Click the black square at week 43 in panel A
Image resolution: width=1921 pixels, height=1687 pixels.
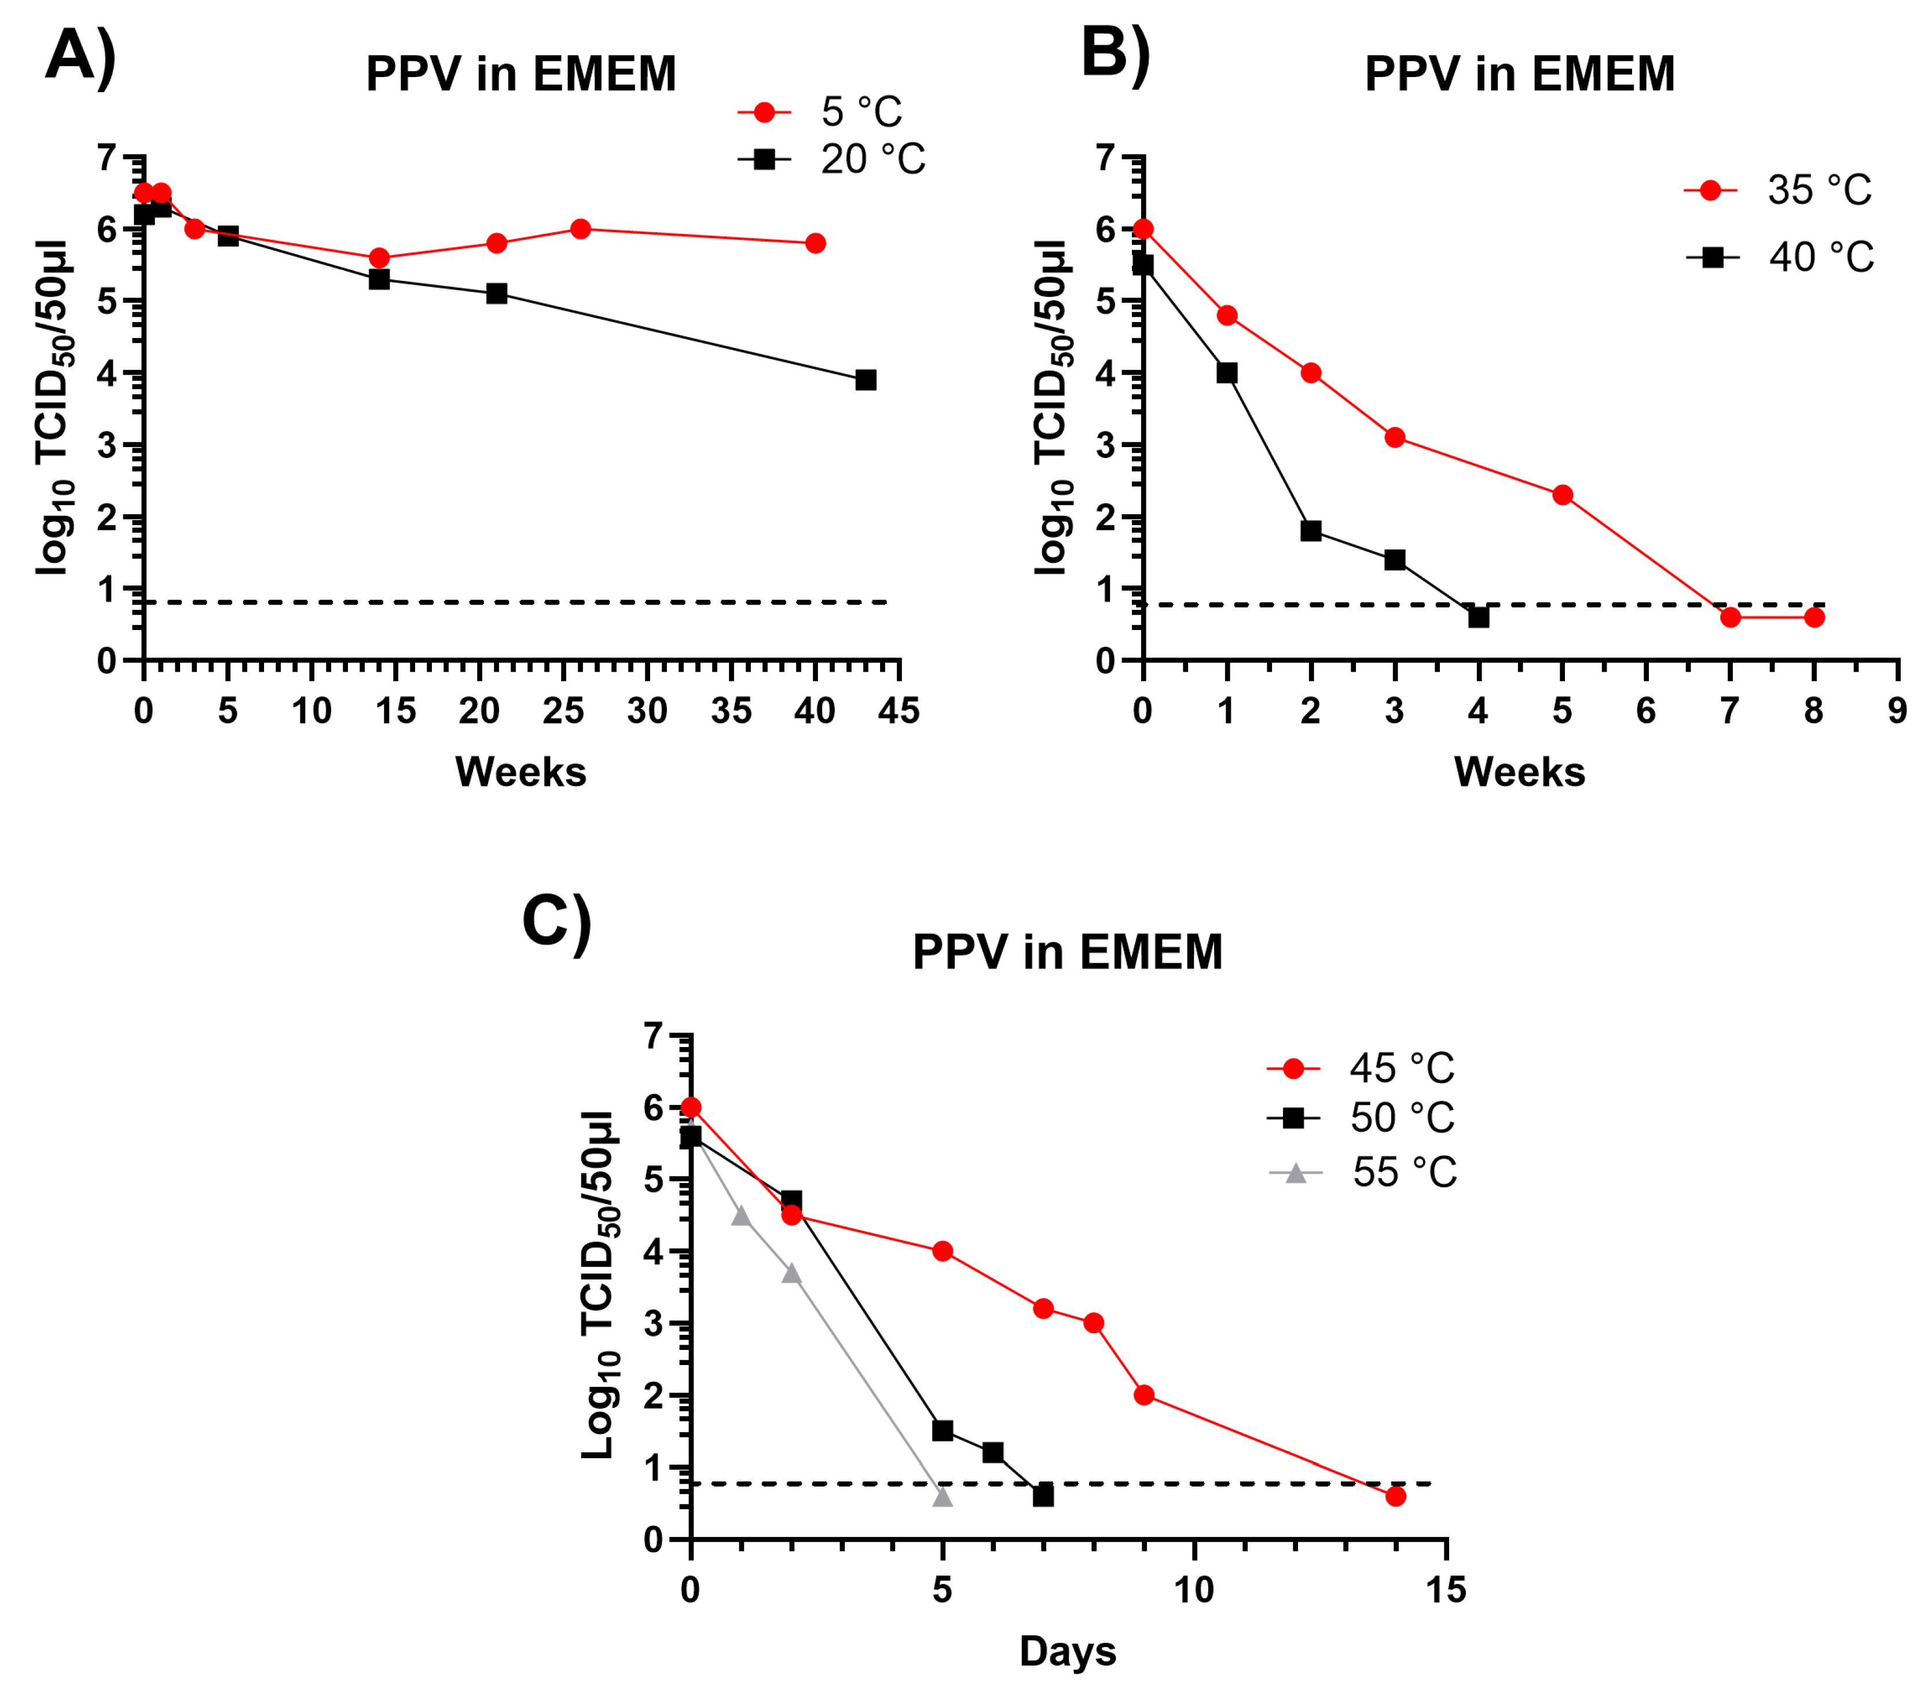tap(866, 380)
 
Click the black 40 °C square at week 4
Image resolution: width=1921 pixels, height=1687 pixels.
tap(1478, 617)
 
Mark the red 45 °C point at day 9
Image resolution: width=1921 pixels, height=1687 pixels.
tap(1144, 1395)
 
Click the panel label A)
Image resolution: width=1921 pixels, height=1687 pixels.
tap(81, 56)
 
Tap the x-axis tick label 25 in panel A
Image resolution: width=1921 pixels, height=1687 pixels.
tap(563, 711)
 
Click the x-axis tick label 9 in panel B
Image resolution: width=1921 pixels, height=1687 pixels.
tap(1897, 711)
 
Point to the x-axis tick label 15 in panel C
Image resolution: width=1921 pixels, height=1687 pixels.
tap(1446, 1590)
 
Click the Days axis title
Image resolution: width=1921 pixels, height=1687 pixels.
tap(1068, 1651)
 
